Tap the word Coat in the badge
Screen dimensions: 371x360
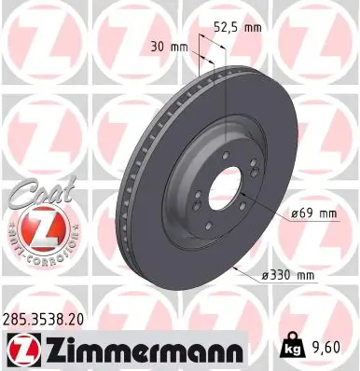tap(35, 195)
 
